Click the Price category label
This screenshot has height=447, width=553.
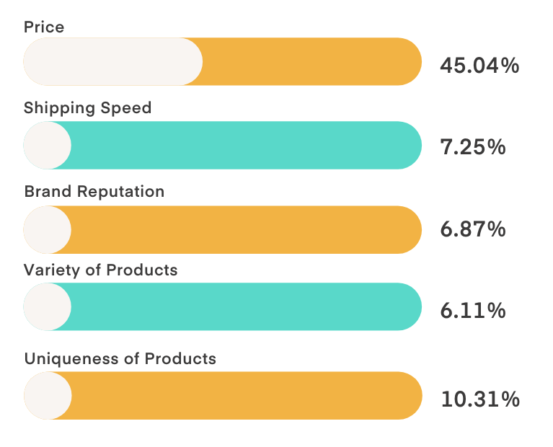point(44,27)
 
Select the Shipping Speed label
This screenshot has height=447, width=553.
point(87,108)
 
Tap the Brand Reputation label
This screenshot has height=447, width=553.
point(94,192)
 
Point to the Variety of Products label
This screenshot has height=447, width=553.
point(100,270)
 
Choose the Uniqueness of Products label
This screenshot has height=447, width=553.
point(120,358)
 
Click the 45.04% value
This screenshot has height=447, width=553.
point(479,66)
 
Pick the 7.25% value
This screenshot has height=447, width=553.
point(472,147)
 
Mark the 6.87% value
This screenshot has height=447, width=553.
point(472,230)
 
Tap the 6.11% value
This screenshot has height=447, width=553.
point(472,311)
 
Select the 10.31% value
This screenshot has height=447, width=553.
point(479,399)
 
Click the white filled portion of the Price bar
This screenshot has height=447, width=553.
point(113,62)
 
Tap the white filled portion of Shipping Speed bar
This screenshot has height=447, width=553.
point(48,145)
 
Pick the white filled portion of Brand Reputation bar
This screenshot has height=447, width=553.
point(48,230)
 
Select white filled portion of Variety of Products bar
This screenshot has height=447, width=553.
point(48,307)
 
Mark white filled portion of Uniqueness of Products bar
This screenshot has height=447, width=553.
point(48,396)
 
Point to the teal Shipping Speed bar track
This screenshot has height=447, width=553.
point(245,145)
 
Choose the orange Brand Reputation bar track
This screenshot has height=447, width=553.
point(245,230)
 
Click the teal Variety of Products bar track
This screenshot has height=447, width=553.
point(245,307)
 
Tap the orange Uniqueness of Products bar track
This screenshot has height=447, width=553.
point(245,396)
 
